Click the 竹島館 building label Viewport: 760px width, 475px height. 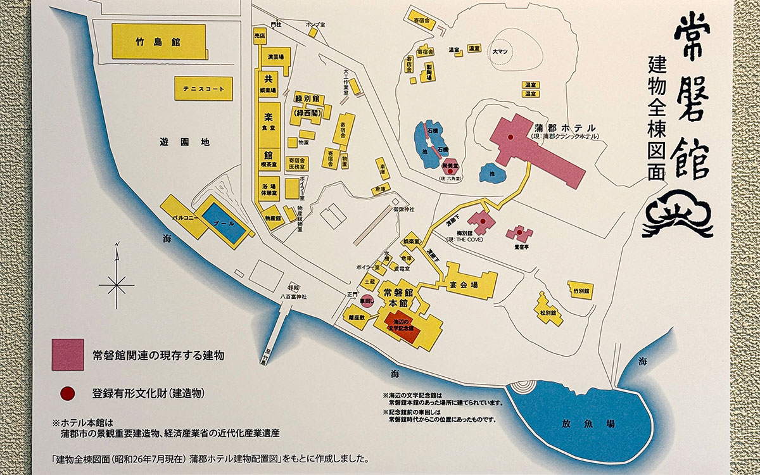158,42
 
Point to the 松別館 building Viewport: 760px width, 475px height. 547,312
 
